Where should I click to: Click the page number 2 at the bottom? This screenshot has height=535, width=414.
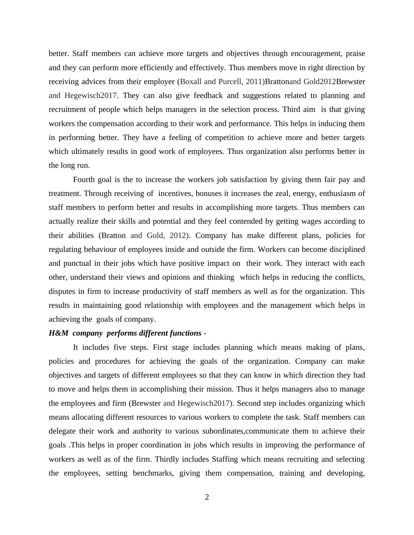point(207,497)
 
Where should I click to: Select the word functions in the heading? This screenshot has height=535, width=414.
point(184,333)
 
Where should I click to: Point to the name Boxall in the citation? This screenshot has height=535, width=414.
point(191,82)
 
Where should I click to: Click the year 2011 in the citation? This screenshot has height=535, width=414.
point(254,82)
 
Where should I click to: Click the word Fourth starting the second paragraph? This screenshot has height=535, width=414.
point(84,180)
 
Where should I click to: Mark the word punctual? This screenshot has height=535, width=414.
point(77,263)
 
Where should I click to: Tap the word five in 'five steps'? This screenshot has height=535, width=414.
point(121,347)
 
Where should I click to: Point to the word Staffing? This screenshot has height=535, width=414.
point(225,459)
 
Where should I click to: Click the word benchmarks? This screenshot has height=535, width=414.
point(153,473)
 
